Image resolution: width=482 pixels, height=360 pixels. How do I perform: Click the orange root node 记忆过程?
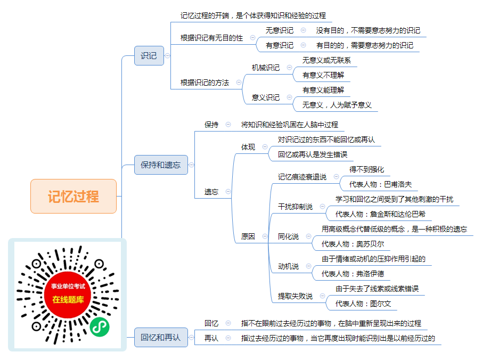[73, 196]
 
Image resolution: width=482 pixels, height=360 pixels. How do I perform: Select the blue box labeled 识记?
[149, 55]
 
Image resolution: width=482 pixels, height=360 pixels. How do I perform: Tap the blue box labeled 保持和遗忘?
[161, 165]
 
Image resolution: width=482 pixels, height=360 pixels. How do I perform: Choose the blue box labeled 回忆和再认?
[161, 337]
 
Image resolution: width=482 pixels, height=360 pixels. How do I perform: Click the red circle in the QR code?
[68, 295]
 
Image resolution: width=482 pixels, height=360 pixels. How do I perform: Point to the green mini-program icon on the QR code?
[100, 327]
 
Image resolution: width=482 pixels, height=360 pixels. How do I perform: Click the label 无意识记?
[280, 30]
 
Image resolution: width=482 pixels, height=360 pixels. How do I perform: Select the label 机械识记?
[266, 68]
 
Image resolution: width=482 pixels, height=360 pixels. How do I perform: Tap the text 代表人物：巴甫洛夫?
[381, 184]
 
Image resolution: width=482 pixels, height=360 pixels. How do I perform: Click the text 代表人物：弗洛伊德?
[353, 274]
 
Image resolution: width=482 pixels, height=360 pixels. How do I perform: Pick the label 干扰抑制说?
[295, 207]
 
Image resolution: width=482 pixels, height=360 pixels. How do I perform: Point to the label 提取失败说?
[295, 296]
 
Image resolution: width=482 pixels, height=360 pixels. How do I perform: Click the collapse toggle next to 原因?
[265, 236]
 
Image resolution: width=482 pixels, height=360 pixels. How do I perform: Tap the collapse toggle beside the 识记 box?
[168, 55]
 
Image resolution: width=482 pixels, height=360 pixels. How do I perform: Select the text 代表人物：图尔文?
[363, 304]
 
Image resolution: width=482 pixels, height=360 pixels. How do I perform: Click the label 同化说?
[288, 236]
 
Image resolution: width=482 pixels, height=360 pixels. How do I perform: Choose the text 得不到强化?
[367, 169]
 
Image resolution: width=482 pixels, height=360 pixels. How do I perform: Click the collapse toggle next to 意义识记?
[289, 97]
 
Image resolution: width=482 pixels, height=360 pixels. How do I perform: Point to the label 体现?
[248, 147]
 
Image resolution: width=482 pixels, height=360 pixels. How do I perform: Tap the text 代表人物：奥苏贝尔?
[353, 244]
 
